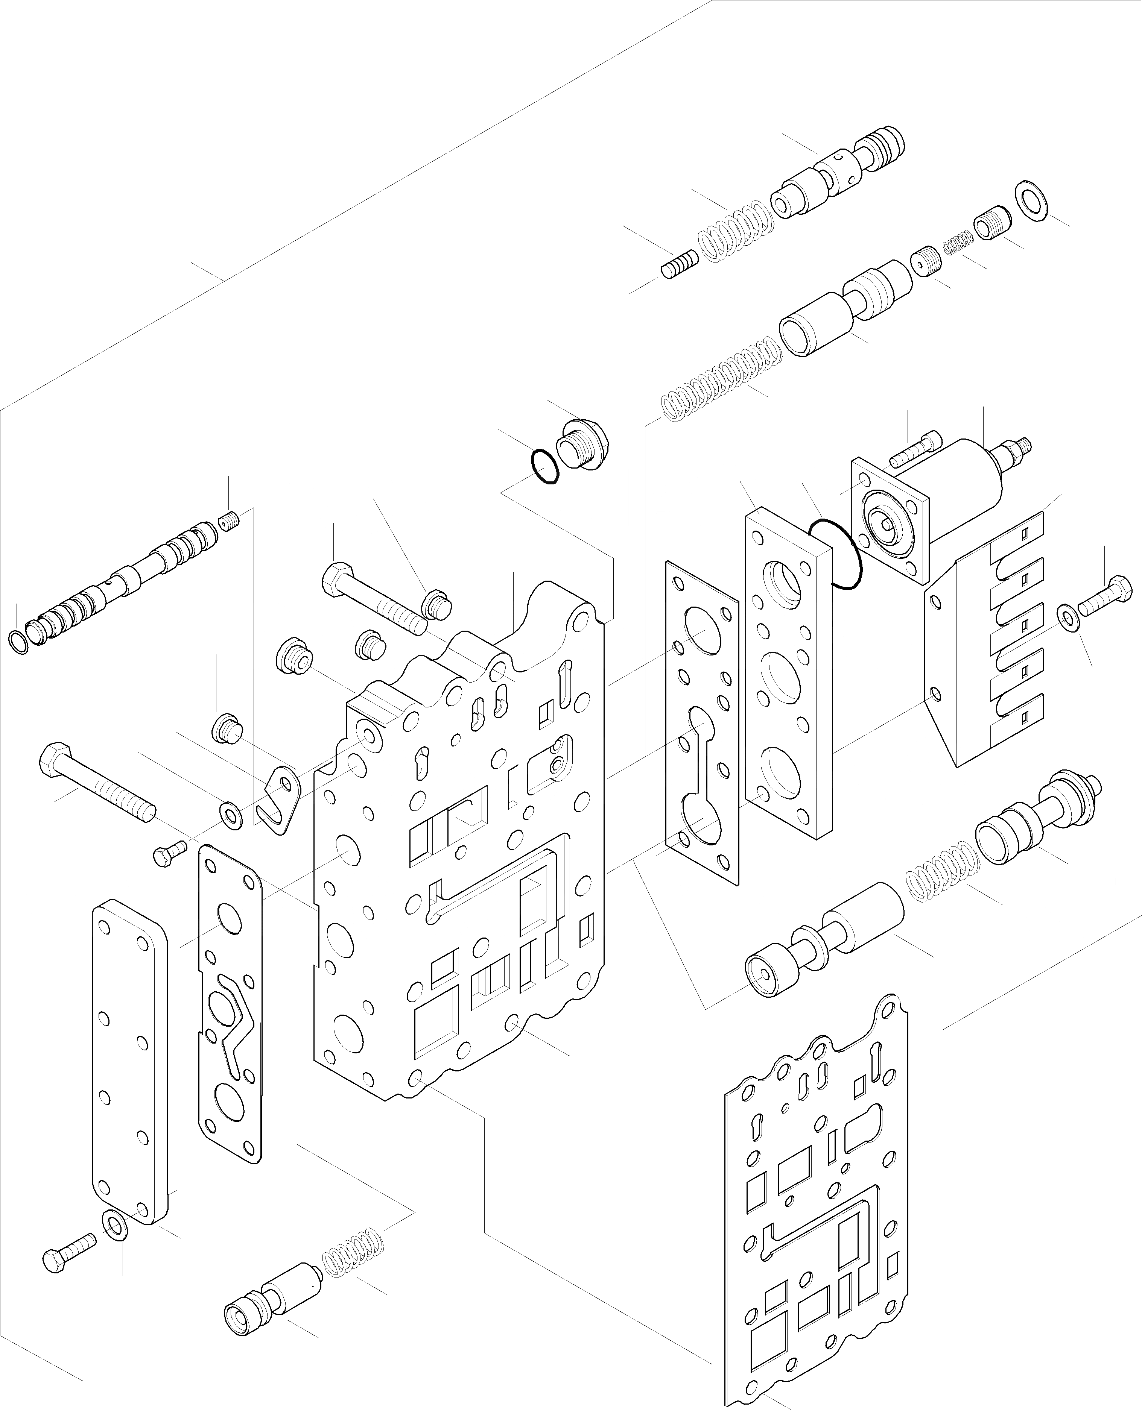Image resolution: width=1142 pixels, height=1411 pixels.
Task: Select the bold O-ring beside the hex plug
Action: coord(545,466)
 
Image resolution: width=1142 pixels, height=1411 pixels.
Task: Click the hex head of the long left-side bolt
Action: coord(51,759)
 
